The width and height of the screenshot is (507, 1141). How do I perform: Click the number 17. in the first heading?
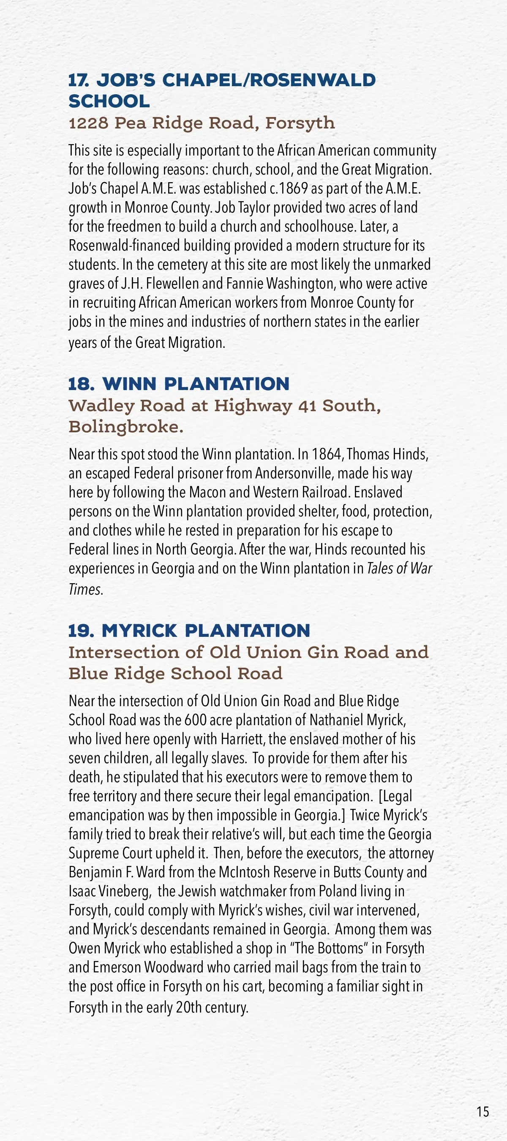(x=79, y=80)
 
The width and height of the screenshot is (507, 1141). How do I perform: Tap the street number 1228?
(x=89, y=123)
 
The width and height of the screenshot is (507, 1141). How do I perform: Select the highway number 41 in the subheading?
(x=307, y=406)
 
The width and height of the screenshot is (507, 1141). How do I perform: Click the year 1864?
(x=327, y=454)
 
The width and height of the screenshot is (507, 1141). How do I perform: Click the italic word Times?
(x=84, y=590)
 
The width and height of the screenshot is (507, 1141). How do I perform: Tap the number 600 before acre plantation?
(x=196, y=720)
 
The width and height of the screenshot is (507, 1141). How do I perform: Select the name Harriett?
(x=242, y=739)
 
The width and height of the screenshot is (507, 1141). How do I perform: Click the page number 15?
(x=482, y=1112)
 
